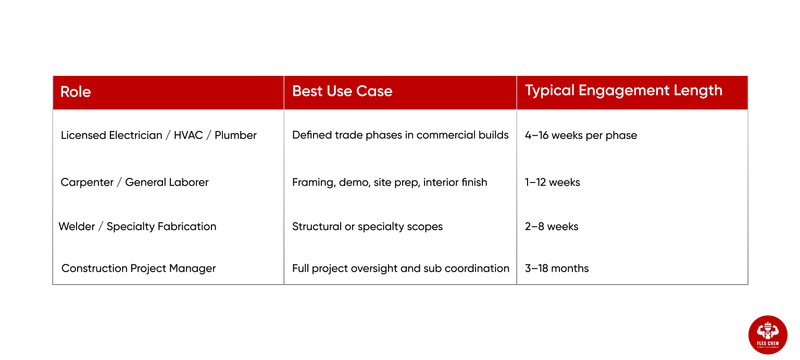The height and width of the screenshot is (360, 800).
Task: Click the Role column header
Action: pos(76,91)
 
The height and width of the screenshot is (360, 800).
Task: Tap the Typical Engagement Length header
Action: pos(623,91)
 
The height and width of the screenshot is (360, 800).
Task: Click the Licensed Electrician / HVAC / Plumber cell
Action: pos(159,135)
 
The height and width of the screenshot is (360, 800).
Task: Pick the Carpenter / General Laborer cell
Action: pos(135,182)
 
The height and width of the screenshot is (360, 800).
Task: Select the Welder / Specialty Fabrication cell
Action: pos(138,226)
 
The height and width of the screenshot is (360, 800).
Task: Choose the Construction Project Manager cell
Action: pos(139,268)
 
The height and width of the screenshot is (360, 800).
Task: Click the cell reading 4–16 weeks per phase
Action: pos(580,135)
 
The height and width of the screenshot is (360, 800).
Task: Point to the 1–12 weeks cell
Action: pos(552,182)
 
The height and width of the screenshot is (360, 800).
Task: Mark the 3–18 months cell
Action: pos(557,268)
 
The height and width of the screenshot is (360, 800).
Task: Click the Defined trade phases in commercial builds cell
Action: pos(400,135)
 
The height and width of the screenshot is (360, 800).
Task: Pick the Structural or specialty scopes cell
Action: pos(367,226)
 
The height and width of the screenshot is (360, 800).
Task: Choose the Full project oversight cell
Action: pos(400,268)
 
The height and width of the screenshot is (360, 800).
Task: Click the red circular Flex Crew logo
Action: pos(767,334)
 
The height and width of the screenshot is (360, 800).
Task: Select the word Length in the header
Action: pos(696,91)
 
